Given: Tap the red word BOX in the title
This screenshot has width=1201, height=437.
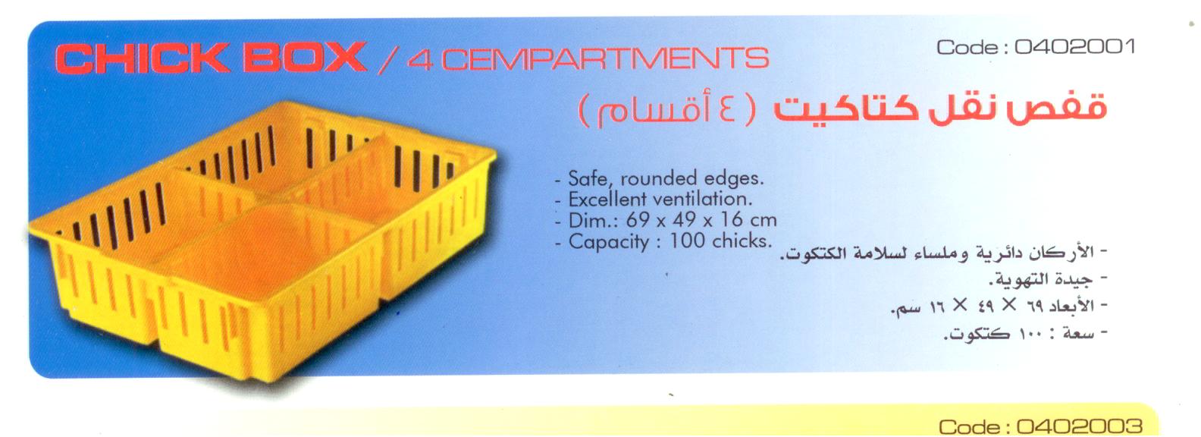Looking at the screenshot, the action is (x=305, y=58).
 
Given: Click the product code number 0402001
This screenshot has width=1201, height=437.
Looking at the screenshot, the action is (x=1075, y=47).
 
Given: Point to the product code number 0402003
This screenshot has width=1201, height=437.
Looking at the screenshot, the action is (x=1079, y=427).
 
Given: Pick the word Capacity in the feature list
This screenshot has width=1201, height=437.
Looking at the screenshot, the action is (x=609, y=242).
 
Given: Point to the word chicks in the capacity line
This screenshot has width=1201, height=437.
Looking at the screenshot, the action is (x=742, y=241).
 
